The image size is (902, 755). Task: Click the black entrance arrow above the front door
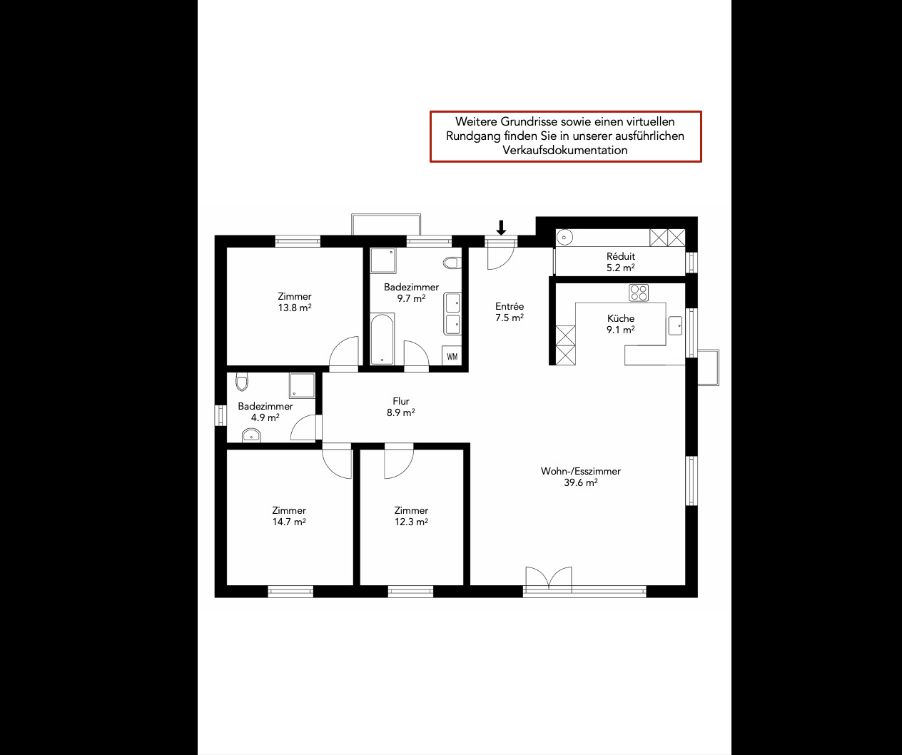[501, 228]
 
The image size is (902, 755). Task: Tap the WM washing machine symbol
[452, 356]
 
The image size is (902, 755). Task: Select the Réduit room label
[621, 256]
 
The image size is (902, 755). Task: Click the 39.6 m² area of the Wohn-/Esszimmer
[581, 482]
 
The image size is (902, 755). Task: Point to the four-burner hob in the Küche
[639, 293]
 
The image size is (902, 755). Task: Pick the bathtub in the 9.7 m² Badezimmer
[382, 339]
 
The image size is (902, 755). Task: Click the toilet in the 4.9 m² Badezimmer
[242, 382]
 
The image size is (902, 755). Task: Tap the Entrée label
[510, 306]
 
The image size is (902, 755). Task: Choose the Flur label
[401, 401]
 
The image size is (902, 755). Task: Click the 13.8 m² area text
[295, 308]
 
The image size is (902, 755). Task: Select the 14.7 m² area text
[289, 522]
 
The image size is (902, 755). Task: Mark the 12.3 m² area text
[411, 522]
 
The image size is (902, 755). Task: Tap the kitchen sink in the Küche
[675, 325]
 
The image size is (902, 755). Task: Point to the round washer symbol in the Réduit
[564, 237]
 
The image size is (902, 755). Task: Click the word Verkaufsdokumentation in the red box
[565, 151]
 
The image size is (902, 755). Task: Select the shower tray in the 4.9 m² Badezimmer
[302, 385]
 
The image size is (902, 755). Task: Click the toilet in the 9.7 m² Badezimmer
[452, 263]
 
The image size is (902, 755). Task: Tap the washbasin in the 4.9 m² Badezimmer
[251, 435]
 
